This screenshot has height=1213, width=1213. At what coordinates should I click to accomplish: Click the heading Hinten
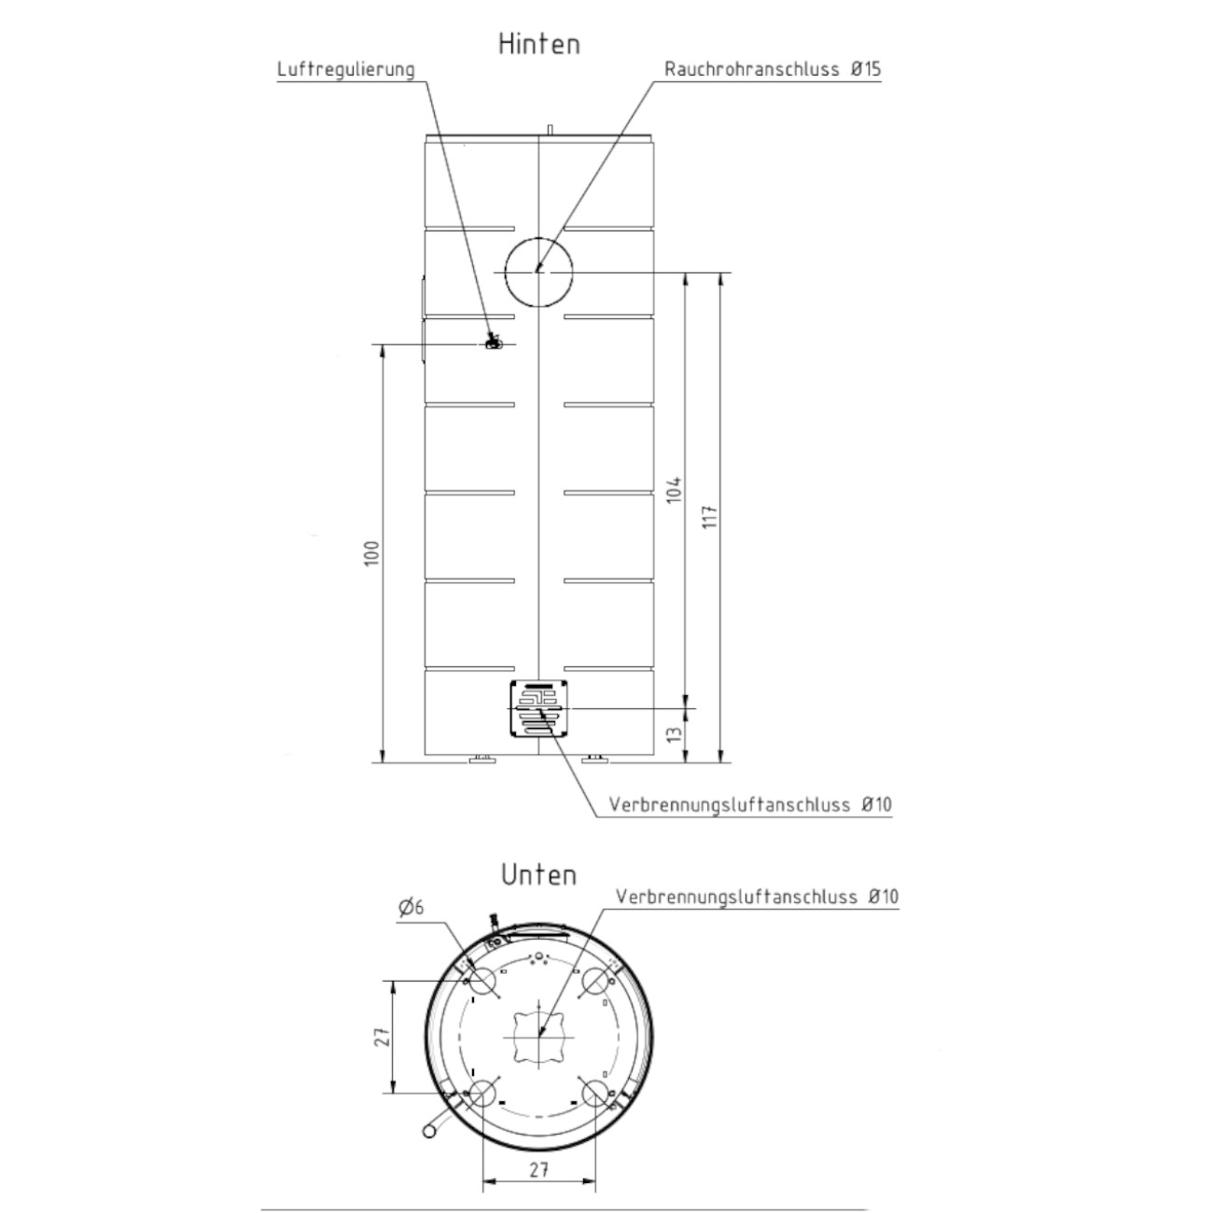[538, 44]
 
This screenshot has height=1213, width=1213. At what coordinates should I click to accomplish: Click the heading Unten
[538, 875]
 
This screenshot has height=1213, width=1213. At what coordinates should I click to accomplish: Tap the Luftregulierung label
[346, 69]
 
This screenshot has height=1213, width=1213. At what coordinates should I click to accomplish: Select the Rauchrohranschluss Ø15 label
[773, 69]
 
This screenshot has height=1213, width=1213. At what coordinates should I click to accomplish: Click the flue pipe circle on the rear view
[538, 237]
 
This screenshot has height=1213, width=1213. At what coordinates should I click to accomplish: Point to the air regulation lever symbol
[494, 342]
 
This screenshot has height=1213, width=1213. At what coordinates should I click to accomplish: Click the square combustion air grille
[538, 708]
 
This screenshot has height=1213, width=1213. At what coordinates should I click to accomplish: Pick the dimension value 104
[675, 489]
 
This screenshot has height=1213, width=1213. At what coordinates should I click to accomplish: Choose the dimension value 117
[710, 516]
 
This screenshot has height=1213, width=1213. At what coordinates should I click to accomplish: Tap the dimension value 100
[372, 553]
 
